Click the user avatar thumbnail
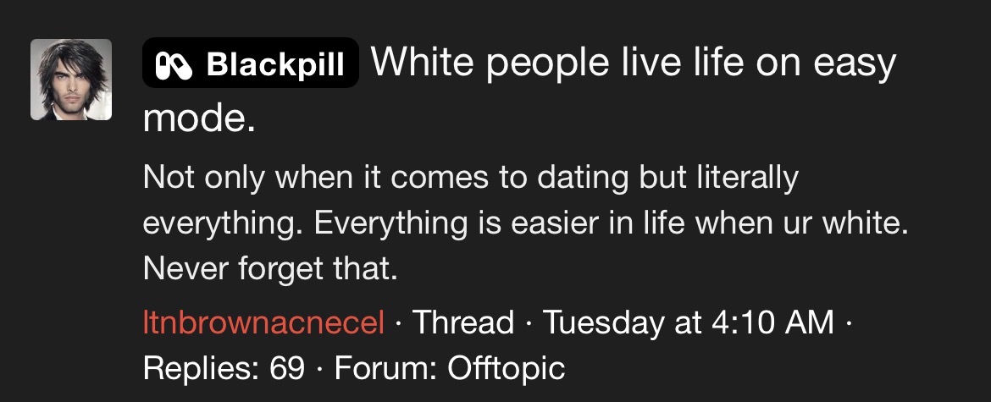(x=71, y=80)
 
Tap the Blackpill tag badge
(x=250, y=63)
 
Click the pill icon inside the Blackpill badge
(x=174, y=64)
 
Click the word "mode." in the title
(x=199, y=118)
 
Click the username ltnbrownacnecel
(x=263, y=322)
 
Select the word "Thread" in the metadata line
(x=463, y=322)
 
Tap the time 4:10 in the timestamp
(x=741, y=322)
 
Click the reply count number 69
(x=287, y=368)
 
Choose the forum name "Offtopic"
(x=506, y=367)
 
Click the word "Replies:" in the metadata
(x=202, y=369)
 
